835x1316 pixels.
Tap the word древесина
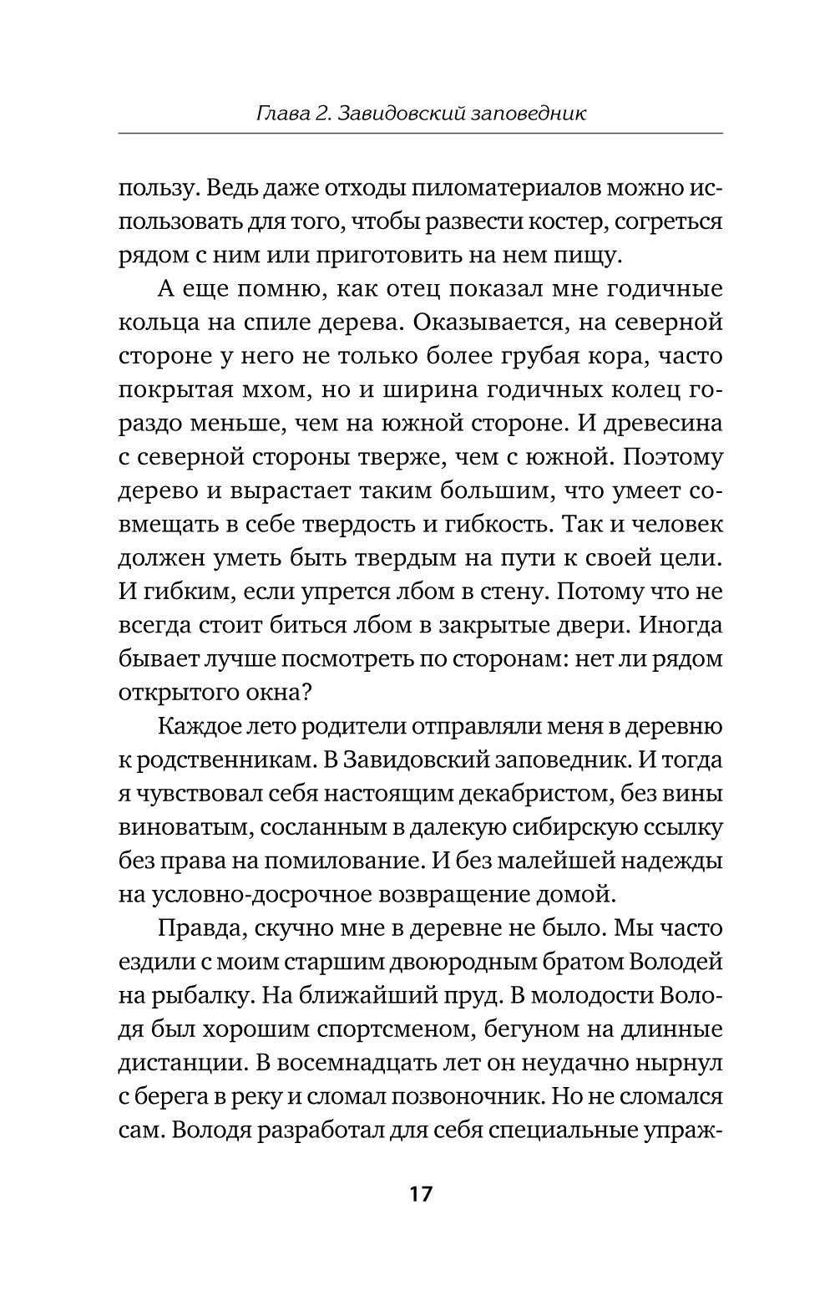660,424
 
